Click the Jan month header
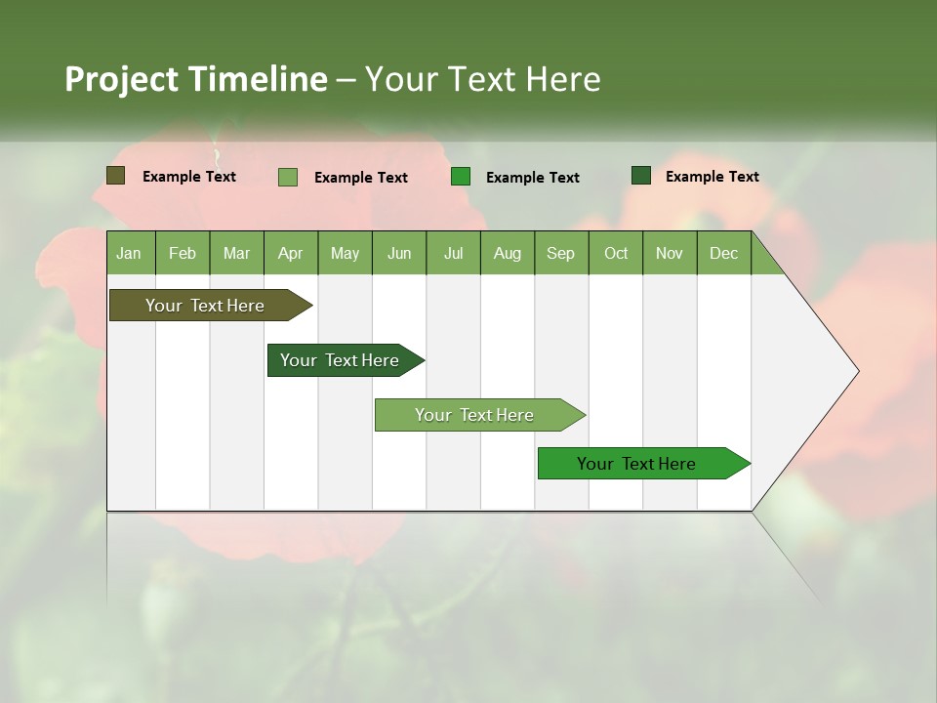point(130,253)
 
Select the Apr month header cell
point(291,253)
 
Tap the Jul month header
point(453,253)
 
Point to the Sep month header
point(561,253)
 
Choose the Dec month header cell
point(723,253)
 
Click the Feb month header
point(183,253)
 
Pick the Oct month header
point(616,253)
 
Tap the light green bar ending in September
point(476,415)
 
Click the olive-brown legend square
point(115,176)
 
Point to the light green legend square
point(288,177)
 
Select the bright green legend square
point(461,177)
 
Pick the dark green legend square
point(641,176)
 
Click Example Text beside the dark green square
point(712,176)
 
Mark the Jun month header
point(399,253)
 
